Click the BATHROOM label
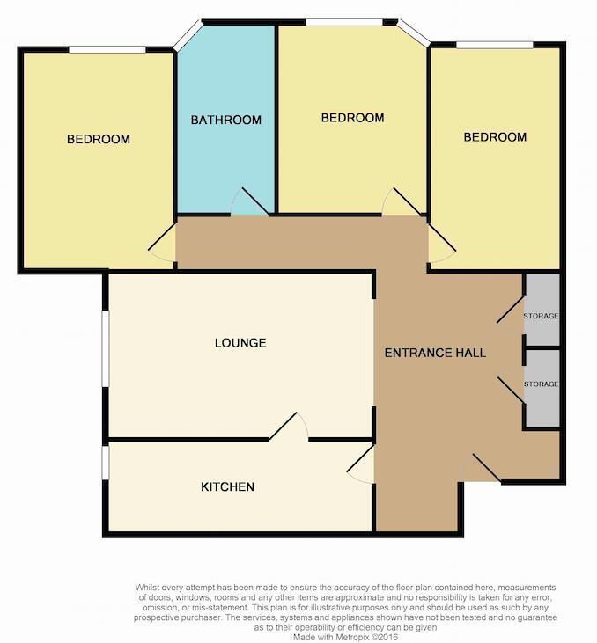pos(226,120)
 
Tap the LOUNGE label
pos(240,342)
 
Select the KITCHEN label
pos(227,486)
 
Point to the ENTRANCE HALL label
pos(435,353)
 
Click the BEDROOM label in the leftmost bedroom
pos(99,139)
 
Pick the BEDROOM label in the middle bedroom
pos(352,118)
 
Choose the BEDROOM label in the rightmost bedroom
pos(495,136)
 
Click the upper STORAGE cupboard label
pos(541,316)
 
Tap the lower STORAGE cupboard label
pos(541,384)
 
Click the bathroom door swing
pos(248,202)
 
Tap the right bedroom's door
pos(440,241)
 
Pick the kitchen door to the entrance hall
pos(361,464)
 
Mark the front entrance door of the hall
pos(480,468)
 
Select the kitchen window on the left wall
pos(105,464)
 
